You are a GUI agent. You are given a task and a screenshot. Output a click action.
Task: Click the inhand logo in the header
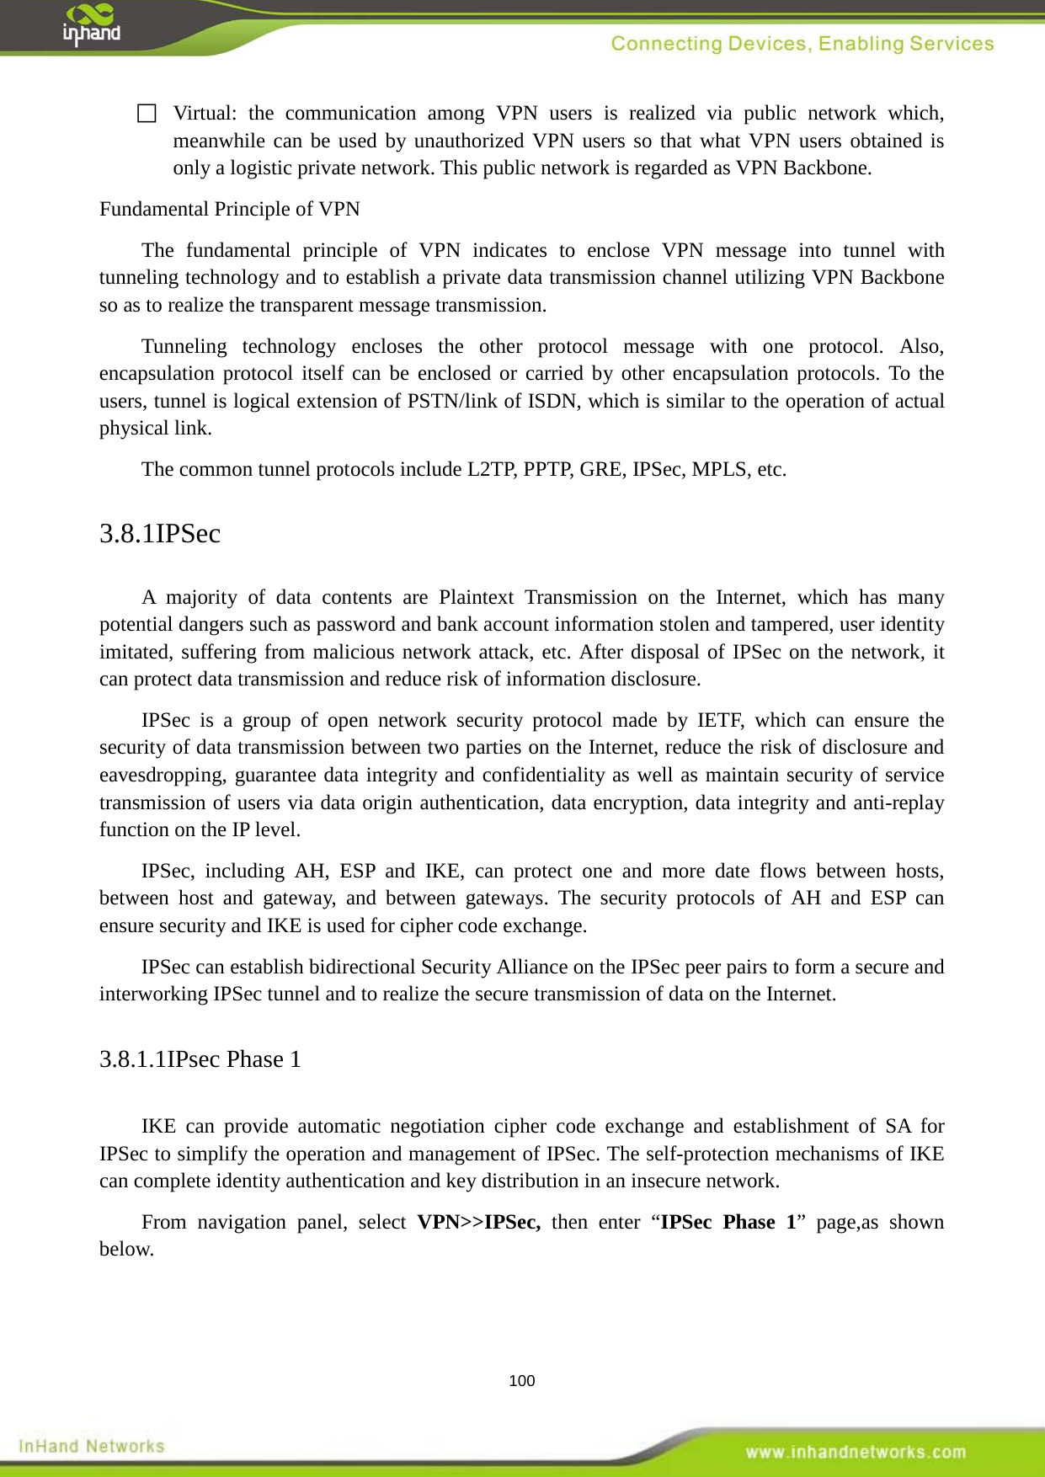(x=91, y=25)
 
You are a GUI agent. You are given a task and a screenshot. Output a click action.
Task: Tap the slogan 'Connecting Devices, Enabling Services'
(x=802, y=44)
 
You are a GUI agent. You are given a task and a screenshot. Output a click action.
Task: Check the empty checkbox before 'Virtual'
(x=147, y=114)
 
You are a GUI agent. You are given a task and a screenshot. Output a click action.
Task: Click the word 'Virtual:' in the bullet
(x=205, y=114)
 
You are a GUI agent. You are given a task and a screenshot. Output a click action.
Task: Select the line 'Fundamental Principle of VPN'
(x=229, y=209)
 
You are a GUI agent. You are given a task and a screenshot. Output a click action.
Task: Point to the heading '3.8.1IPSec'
(x=160, y=534)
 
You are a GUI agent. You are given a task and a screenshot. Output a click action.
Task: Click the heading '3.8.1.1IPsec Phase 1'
(x=200, y=1059)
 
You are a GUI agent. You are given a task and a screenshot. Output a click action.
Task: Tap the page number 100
(x=522, y=1381)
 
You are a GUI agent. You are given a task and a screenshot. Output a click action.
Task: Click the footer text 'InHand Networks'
(x=91, y=1447)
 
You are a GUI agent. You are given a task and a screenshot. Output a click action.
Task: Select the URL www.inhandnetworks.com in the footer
(x=856, y=1452)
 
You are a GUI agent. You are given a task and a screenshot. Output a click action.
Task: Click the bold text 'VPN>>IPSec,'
(x=478, y=1222)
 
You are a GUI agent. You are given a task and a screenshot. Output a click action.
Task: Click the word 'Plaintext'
(x=476, y=598)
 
